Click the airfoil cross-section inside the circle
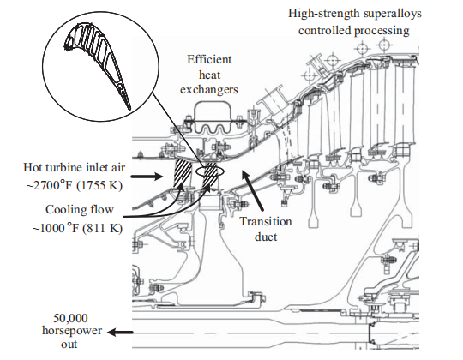point(98,63)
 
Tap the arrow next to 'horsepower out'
point(120,333)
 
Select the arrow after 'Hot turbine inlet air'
point(147,177)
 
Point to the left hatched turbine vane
point(183,172)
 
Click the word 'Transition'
point(266,221)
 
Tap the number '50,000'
point(70,318)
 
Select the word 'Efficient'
point(209,60)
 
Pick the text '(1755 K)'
point(99,186)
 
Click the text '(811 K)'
point(102,228)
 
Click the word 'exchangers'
point(209,89)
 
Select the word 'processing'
point(382,31)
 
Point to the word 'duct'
point(266,237)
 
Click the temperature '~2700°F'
point(49,186)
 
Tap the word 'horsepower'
point(72,331)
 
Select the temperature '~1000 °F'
point(55,228)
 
